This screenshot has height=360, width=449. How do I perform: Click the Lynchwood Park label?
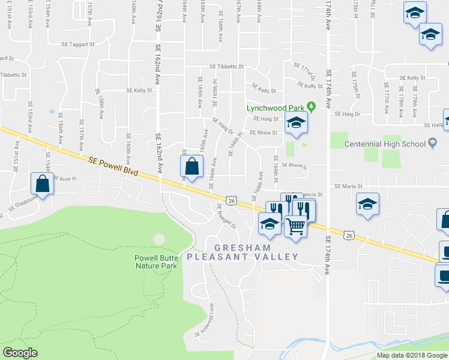click(276, 108)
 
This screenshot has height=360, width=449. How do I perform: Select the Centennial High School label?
click(386, 144)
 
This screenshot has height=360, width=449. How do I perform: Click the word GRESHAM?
click(243, 247)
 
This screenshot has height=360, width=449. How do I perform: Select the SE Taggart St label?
click(78, 44)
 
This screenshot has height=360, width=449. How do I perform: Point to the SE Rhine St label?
click(263, 133)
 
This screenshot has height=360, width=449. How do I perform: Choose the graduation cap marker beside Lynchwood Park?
click(295, 124)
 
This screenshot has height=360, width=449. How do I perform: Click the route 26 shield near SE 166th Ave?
click(231, 200)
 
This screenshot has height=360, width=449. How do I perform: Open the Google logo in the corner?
click(20, 353)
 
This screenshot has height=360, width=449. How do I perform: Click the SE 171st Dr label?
click(304, 71)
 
